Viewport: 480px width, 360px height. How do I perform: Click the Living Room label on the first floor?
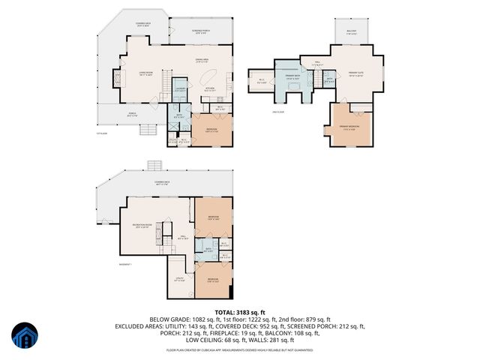(144, 73)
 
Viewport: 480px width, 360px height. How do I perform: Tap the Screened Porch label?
(181, 31)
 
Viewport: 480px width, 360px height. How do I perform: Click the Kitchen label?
(211, 88)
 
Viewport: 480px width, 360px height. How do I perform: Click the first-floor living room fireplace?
(115, 77)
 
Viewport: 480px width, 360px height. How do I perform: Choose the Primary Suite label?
(355, 74)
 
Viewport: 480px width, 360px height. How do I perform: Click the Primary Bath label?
(292, 77)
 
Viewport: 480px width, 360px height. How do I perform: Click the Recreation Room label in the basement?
(143, 226)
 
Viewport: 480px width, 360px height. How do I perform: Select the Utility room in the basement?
(179, 280)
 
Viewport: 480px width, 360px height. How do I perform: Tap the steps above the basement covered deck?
(154, 165)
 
